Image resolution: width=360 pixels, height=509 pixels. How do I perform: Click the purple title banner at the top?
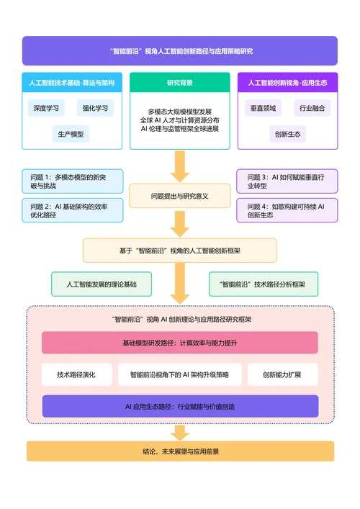pyautogui.click(x=179, y=51)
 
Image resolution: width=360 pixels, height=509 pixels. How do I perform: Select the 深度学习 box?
pyautogui.click(x=45, y=108)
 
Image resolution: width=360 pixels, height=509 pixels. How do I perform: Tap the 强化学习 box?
pyautogui.click(x=95, y=108)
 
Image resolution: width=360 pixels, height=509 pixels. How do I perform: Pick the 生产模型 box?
pyautogui.click(x=71, y=134)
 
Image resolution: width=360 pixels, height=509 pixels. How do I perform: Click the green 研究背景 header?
pyautogui.click(x=179, y=83)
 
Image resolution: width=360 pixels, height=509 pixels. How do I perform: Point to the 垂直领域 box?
pyautogui.click(x=264, y=108)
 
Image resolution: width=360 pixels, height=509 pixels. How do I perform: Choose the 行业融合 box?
pyautogui.click(x=312, y=108)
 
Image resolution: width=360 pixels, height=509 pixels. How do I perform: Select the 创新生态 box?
pyautogui.click(x=287, y=134)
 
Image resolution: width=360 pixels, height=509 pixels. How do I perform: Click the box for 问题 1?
pyautogui.click(x=73, y=181)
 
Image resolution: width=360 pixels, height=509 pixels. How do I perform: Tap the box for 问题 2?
pyautogui.click(x=73, y=210)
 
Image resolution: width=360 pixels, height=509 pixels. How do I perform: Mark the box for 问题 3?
pyautogui.click(x=287, y=181)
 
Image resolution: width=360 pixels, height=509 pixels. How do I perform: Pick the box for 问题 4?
pyautogui.click(x=287, y=210)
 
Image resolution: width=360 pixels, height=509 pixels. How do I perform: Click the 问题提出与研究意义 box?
pyautogui.click(x=179, y=196)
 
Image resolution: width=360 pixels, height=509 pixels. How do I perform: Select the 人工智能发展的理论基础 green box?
pyautogui.click(x=101, y=284)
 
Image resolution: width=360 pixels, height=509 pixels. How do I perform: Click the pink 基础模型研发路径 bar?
pyautogui.click(x=179, y=343)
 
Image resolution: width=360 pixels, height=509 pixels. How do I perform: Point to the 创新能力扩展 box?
pyautogui.click(x=282, y=374)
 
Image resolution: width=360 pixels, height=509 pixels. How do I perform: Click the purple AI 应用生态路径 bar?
pyautogui.click(x=179, y=406)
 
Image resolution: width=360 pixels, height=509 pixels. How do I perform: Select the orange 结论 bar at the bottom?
pyautogui.click(x=179, y=451)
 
